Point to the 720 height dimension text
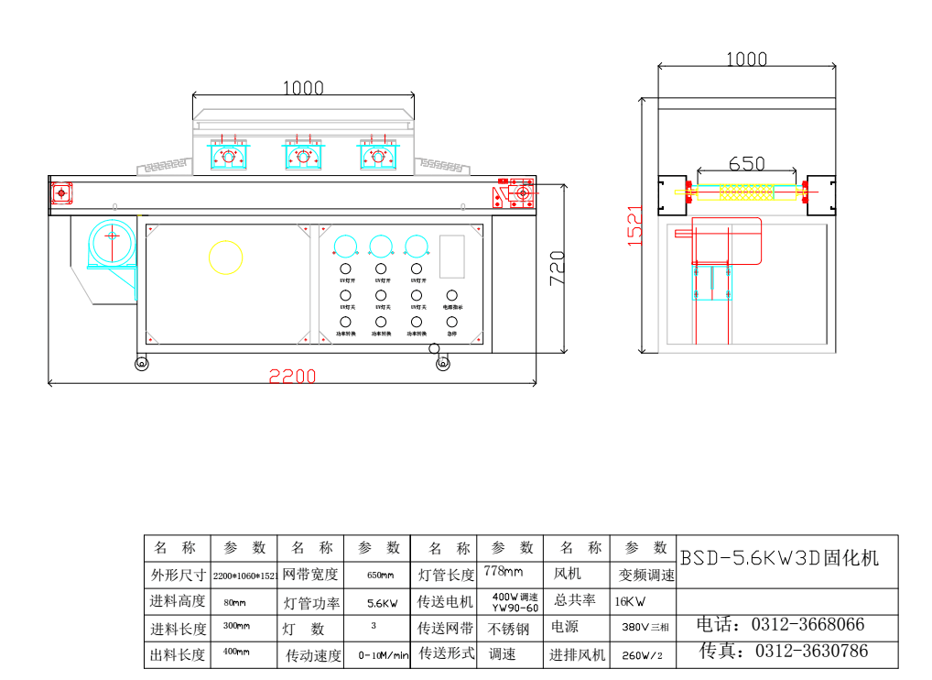point(558,268)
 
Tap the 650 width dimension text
point(746,163)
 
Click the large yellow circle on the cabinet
point(226,257)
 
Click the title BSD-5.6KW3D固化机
point(779,557)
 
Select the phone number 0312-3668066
point(807,625)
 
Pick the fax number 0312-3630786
point(810,652)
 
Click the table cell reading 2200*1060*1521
point(244,576)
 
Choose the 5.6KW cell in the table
point(381,604)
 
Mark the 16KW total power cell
point(631,602)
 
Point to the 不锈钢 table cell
point(509,630)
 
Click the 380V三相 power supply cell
point(645,629)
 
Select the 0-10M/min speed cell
point(383,655)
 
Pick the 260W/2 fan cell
point(642,655)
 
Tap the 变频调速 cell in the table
point(646,576)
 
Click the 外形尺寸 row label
point(177,576)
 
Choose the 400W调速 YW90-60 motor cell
point(515,602)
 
